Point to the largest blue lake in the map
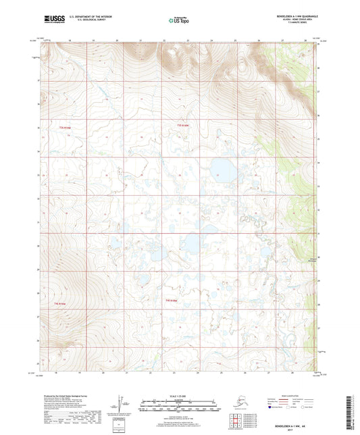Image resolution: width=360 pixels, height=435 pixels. click(x=221, y=168)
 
